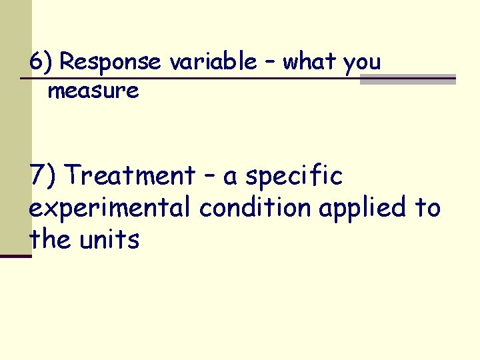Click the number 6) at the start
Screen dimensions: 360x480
(41, 62)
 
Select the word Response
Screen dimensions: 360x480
(111, 63)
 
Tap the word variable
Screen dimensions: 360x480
(213, 62)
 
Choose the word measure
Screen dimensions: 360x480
(93, 91)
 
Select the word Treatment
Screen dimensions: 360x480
(131, 176)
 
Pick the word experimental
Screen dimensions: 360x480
(111, 209)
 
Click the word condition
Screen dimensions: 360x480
(255, 209)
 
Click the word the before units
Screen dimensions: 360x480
(49, 239)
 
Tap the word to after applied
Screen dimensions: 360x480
(427, 208)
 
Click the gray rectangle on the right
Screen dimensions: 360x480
(407, 79)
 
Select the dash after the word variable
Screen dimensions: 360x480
(269, 62)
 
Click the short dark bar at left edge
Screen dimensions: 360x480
(15, 255)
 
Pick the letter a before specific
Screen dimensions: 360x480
(231, 178)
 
